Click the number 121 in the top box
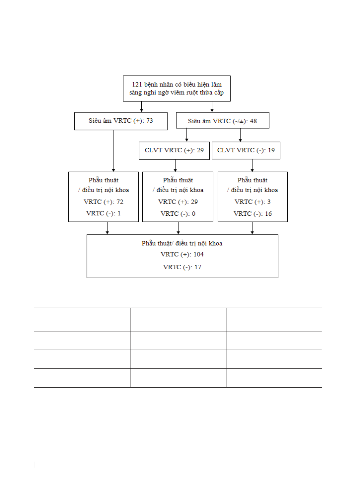pyautogui.click(x=137, y=84)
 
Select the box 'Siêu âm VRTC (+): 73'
pyautogui.click(x=121, y=121)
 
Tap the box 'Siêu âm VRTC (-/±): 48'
pyautogui.click(x=223, y=120)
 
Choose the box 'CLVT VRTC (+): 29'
pyautogui.click(x=174, y=151)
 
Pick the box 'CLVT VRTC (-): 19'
pyautogui.click(x=246, y=150)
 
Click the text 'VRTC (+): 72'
pyautogui.click(x=104, y=202)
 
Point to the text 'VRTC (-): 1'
pyautogui.click(x=103, y=213)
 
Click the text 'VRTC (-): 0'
pyautogui.click(x=178, y=214)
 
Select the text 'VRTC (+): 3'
pyautogui.click(x=252, y=202)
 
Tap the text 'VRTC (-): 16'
pyautogui.click(x=253, y=214)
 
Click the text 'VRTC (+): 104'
pyautogui.click(x=182, y=254)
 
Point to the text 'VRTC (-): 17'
pyautogui.click(x=182, y=267)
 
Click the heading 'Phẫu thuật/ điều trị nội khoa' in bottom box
pyautogui.click(x=182, y=243)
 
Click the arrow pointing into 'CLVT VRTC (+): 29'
pyautogui.click(x=187, y=135)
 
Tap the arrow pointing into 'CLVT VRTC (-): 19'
pyautogui.click(x=240, y=135)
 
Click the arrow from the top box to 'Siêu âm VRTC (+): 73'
pyautogui.click(x=142, y=107)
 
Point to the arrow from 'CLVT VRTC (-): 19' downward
pyautogui.click(x=252, y=166)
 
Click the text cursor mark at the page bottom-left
pyautogui.click(x=34, y=465)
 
